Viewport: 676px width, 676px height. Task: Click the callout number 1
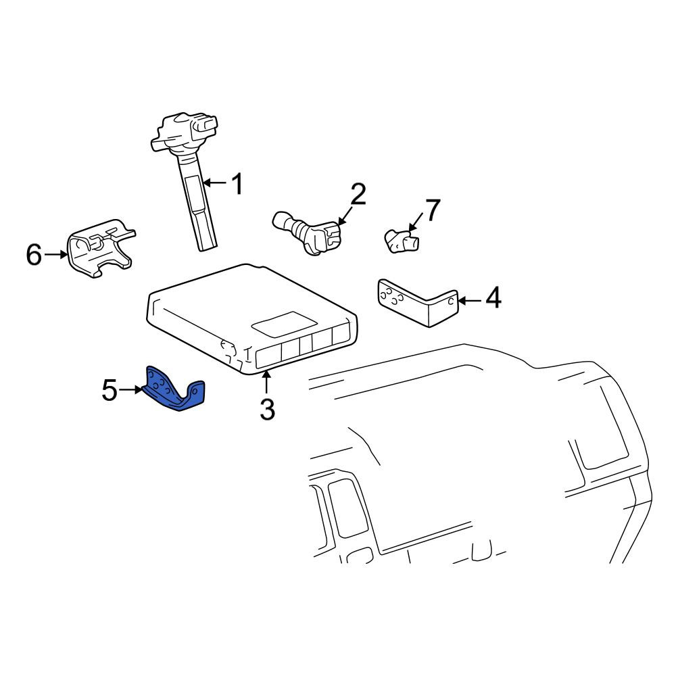(x=237, y=184)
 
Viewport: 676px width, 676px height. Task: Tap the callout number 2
(x=358, y=194)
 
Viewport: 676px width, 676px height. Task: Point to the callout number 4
(x=493, y=298)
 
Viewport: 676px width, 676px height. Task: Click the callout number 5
(x=110, y=390)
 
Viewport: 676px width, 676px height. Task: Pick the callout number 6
(x=34, y=254)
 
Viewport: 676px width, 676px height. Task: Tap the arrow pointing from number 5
(x=130, y=390)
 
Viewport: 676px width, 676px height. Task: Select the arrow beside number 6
(x=56, y=255)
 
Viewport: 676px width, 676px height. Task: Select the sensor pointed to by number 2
(x=308, y=232)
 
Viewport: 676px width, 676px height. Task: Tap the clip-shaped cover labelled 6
(x=100, y=248)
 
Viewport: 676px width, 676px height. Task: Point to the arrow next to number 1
(x=214, y=183)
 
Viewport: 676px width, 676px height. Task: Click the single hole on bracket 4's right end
(x=450, y=301)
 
